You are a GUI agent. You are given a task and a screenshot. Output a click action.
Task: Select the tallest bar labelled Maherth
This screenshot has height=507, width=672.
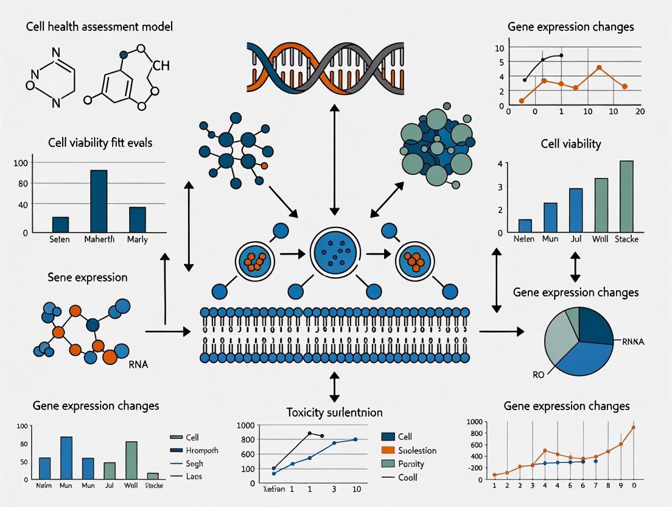point(99,201)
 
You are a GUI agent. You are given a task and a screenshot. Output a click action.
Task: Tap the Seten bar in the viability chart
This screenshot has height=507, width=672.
point(60,224)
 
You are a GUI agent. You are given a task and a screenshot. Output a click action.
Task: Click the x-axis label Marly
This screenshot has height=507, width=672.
point(137,239)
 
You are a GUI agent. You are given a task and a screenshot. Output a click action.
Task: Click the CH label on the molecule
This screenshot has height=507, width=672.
point(161,66)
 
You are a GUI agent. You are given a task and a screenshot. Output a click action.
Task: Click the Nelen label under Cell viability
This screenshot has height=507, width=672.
point(524,239)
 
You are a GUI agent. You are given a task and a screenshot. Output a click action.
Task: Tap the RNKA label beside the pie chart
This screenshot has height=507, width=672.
point(632,342)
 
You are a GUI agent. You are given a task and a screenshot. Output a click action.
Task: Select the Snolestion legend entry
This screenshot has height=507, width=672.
point(417,450)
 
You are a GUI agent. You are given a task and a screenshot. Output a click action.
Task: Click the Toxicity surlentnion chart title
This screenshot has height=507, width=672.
point(334,412)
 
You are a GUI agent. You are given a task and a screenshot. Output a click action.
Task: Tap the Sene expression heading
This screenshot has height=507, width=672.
point(87,278)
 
